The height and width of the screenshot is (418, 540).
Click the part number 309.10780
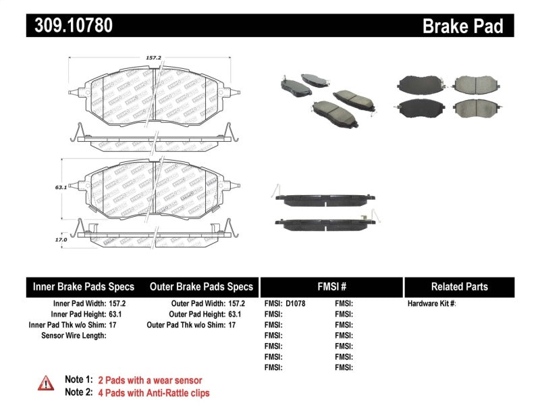coord(70,26)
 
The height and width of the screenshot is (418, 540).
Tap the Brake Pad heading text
coord(462,26)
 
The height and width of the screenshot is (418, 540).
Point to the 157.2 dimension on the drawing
coord(154,58)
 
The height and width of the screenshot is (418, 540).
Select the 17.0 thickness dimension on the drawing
coord(61,239)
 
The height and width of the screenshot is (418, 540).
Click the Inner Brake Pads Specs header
coord(84,286)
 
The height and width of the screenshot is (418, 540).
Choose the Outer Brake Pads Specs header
coord(201,286)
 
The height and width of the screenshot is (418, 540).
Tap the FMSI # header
coord(331,286)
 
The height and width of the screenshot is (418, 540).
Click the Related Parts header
coord(459,286)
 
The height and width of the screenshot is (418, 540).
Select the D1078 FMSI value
coord(296,304)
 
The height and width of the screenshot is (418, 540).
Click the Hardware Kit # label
coord(432,304)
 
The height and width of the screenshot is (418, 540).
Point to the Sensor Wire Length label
coord(74,336)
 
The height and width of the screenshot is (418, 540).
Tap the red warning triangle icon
coord(46,383)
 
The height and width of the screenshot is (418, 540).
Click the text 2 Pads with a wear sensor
coord(150,380)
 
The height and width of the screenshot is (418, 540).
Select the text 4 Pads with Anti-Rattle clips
coord(154,392)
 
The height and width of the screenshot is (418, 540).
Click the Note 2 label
coord(78,392)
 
